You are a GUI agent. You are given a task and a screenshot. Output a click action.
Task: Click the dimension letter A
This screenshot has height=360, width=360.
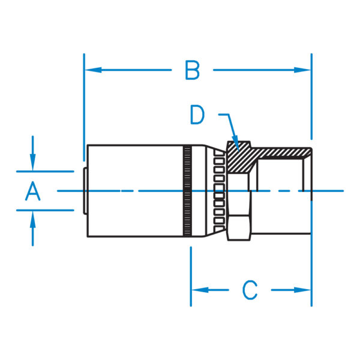click(33, 192)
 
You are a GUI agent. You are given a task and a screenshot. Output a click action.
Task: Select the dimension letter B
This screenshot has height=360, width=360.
click(191, 70)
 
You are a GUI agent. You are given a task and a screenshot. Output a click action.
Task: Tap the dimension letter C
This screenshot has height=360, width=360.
click(250, 290)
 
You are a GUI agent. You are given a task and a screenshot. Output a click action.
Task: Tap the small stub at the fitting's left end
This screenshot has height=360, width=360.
click(85, 191)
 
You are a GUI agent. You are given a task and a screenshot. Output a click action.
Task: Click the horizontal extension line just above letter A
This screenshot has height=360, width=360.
click(45, 172)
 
